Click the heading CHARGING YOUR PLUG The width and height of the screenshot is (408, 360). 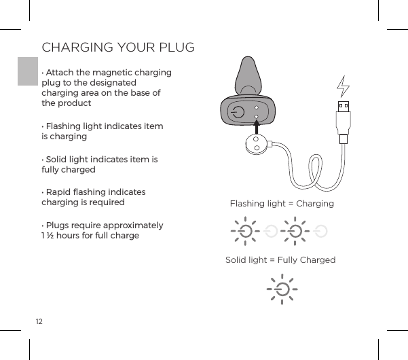coord(118,48)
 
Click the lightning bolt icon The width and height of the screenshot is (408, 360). coord(344,86)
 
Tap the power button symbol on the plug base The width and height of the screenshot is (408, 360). coord(237,113)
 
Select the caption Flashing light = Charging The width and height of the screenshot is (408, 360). coord(282,204)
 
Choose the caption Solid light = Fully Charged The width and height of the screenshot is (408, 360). coord(280,260)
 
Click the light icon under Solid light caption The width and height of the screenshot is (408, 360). coord(280,289)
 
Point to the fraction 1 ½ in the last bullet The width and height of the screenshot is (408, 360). coord(49,236)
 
